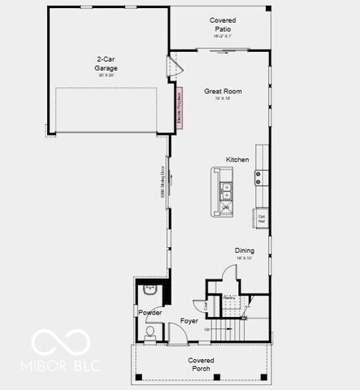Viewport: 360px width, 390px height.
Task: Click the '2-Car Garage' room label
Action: pos(106,63)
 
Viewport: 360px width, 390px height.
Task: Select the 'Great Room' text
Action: pos(223,92)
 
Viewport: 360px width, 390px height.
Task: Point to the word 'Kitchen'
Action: pos(237,160)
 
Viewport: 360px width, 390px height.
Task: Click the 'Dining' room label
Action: pos(245,250)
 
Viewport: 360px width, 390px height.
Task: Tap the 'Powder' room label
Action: pos(150,313)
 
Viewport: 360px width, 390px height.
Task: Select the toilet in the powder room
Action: pos(150,331)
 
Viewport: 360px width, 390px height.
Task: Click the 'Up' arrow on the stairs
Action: pos(208,329)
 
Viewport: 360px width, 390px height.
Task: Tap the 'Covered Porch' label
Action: pos(201,364)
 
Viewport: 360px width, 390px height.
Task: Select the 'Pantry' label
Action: pos(230,298)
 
